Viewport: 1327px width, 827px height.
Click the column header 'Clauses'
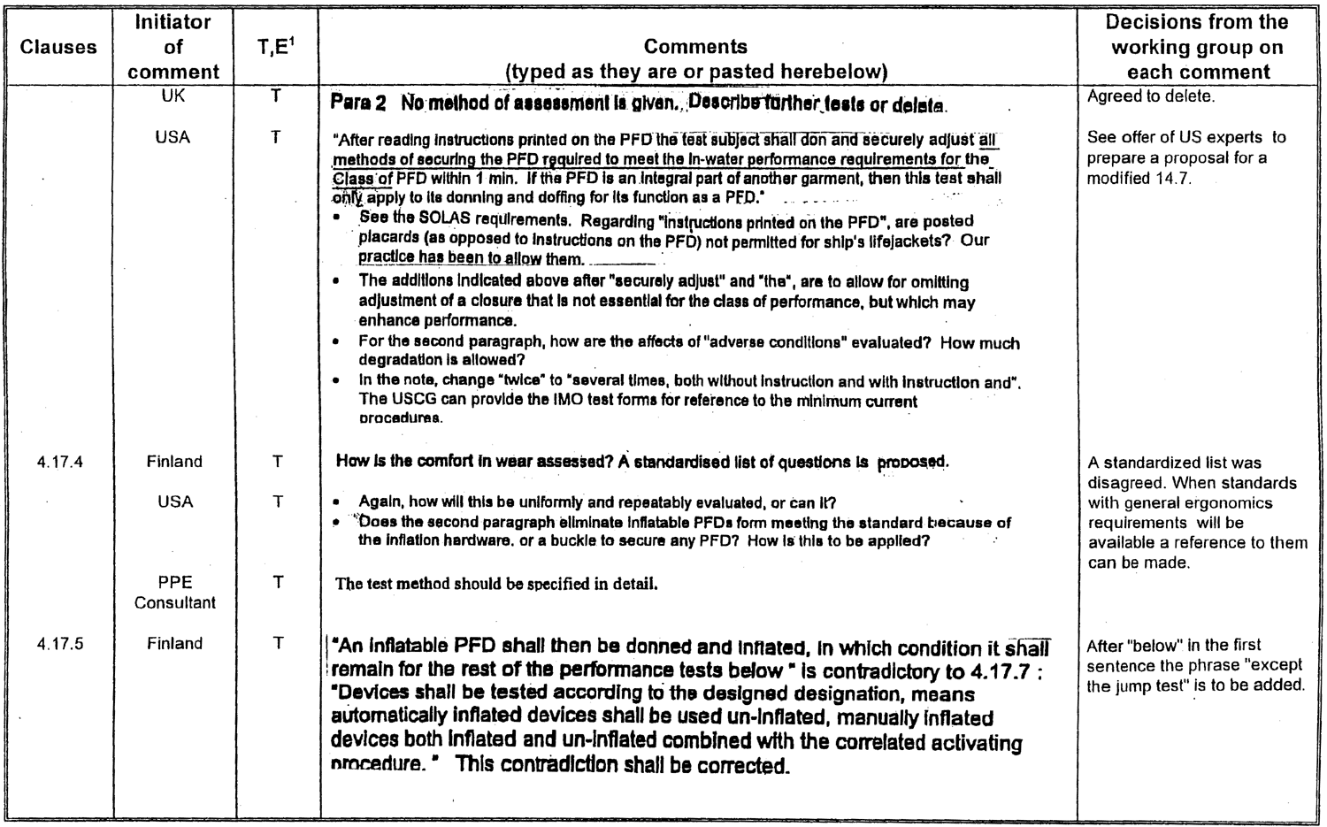click(x=58, y=47)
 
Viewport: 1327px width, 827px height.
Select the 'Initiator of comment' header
click(x=173, y=47)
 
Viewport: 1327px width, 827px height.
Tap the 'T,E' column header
click(x=276, y=47)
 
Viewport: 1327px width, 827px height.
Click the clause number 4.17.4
click(x=60, y=462)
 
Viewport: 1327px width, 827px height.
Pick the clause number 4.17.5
click(x=60, y=644)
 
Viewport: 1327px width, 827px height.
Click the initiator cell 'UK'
click(x=173, y=96)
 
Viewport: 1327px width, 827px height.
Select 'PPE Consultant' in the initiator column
click(x=174, y=593)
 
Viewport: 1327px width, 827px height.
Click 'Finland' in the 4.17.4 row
click(x=174, y=462)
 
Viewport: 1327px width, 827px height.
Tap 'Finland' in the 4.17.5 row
click(x=174, y=644)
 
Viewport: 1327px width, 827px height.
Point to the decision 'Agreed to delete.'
click(x=1150, y=97)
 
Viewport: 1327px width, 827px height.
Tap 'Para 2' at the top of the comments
click(x=357, y=103)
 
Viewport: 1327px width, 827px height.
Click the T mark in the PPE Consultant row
click(x=277, y=582)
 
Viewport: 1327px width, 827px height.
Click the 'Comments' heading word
click(x=695, y=47)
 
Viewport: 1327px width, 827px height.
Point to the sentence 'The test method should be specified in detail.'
click(x=495, y=584)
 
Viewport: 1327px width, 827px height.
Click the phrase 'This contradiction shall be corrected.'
click(x=621, y=766)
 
